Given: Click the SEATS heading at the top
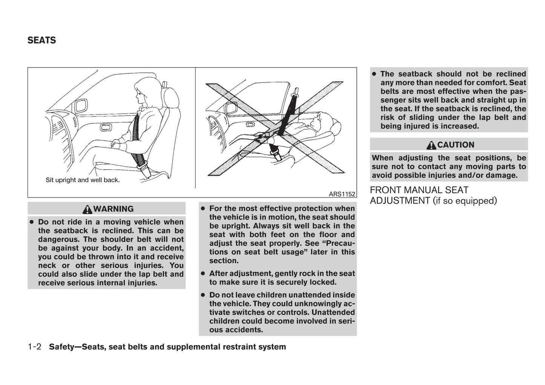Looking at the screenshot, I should pyautogui.click(x=41, y=40).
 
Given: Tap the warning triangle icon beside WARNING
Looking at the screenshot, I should pyautogui.click(x=88, y=209).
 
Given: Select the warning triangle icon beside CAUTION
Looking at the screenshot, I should pyautogui.click(x=431, y=145).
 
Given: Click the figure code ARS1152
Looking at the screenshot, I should pyautogui.click(x=342, y=194).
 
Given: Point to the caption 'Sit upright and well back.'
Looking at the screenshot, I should pyautogui.click(x=83, y=180).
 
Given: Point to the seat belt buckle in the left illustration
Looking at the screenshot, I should pyautogui.click(x=143, y=167).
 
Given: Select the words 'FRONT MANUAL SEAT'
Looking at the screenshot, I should pyautogui.click(x=419, y=190).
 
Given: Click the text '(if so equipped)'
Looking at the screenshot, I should pyautogui.click(x=465, y=201).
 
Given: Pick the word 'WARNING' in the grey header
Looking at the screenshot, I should pyautogui.click(x=114, y=209).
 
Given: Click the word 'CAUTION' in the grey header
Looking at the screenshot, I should pyautogui.click(x=456, y=145).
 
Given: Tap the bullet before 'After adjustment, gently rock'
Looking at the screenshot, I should pyautogui.click(x=203, y=274).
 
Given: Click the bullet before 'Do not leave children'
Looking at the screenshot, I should pyautogui.click(x=203, y=295).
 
